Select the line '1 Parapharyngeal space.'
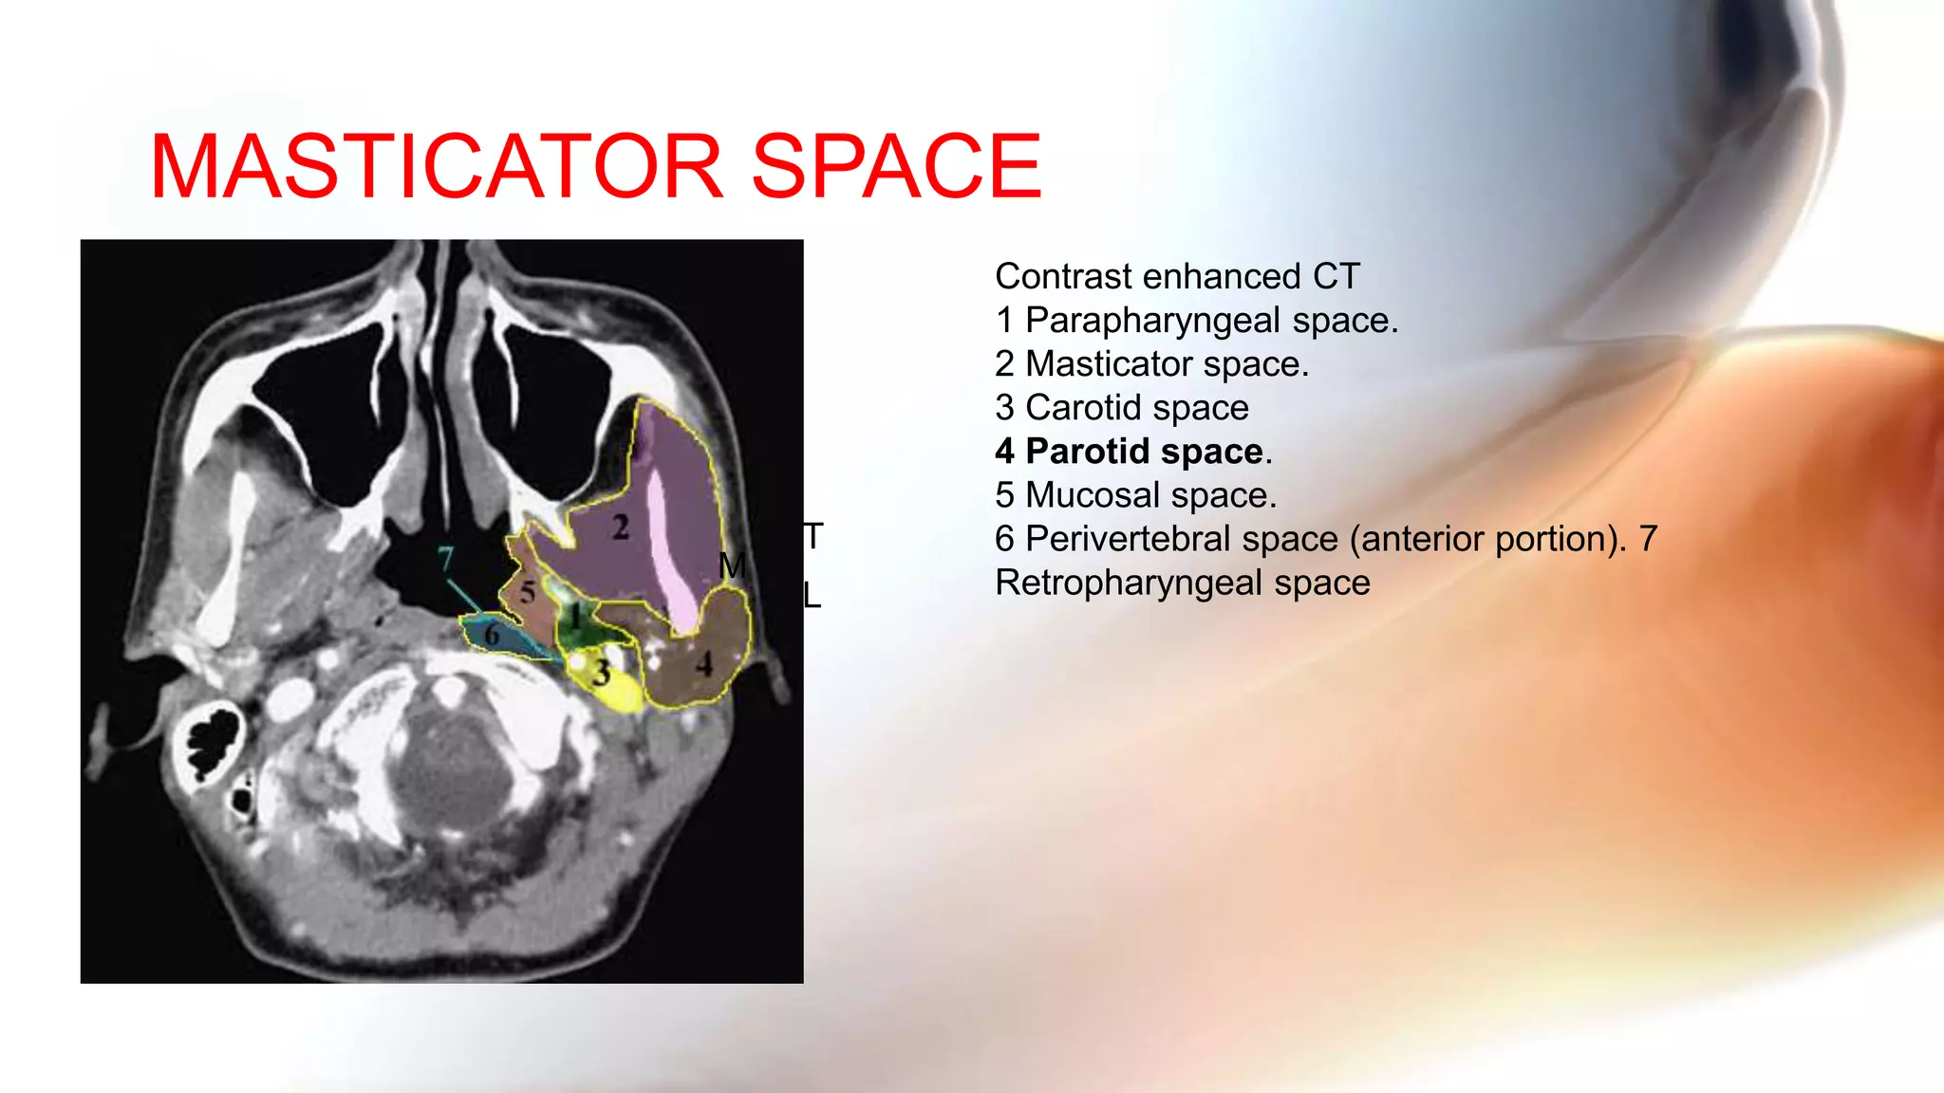coord(1196,321)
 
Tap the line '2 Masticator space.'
coord(1151,364)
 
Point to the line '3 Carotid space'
coord(1121,408)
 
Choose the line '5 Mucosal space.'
coord(1135,495)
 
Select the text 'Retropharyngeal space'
coord(1182,583)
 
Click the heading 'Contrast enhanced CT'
coord(1177,277)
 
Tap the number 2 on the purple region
coord(621,528)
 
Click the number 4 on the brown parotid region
coord(703,663)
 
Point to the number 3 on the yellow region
coord(602,673)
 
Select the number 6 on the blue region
coord(492,634)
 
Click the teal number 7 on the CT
coord(445,559)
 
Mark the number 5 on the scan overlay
coord(528,593)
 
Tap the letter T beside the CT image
coord(813,537)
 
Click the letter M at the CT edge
coord(732,566)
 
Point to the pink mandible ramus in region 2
coord(666,550)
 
